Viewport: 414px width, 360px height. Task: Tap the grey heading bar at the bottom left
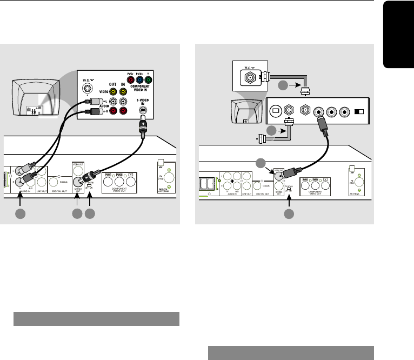(x=96, y=318)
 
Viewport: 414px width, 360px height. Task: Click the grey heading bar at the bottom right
(x=291, y=351)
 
